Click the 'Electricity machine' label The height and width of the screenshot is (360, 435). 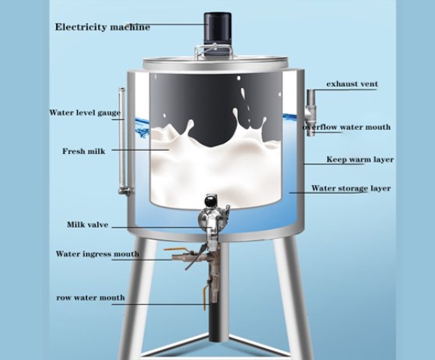(x=103, y=27)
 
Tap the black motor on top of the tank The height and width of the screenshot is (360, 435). (x=217, y=28)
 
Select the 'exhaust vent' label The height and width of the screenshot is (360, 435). (x=352, y=84)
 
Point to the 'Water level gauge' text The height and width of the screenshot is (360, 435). (x=85, y=113)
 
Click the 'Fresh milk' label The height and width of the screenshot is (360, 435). (x=84, y=151)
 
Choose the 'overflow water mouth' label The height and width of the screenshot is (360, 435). (x=346, y=127)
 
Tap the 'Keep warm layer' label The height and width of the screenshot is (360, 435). (x=360, y=159)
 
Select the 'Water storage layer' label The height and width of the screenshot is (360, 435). (x=351, y=188)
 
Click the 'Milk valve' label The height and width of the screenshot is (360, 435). (x=88, y=225)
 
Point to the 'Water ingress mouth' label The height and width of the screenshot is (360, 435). (x=97, y=254)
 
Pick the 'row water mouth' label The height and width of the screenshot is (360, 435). (x=90, y=298)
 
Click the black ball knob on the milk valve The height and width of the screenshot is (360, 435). (x=210, y=200)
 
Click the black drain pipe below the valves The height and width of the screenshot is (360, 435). (x=218, y=322)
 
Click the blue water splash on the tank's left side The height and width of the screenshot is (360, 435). (x=142, y=128)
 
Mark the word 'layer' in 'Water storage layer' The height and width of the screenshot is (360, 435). (x=380, y=188)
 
